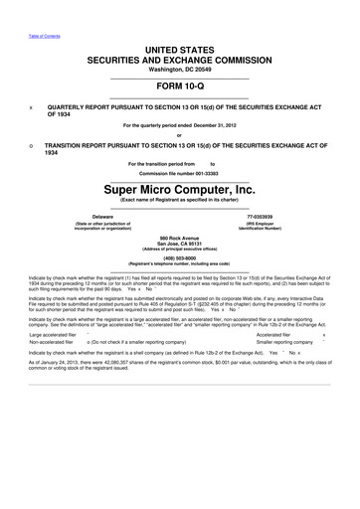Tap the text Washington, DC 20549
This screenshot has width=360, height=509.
tap(179, 71)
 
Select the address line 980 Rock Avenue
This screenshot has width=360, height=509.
tap(179, 239)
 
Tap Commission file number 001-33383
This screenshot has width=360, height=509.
tap(179, 173)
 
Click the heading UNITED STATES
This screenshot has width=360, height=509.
tap(179, 49)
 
